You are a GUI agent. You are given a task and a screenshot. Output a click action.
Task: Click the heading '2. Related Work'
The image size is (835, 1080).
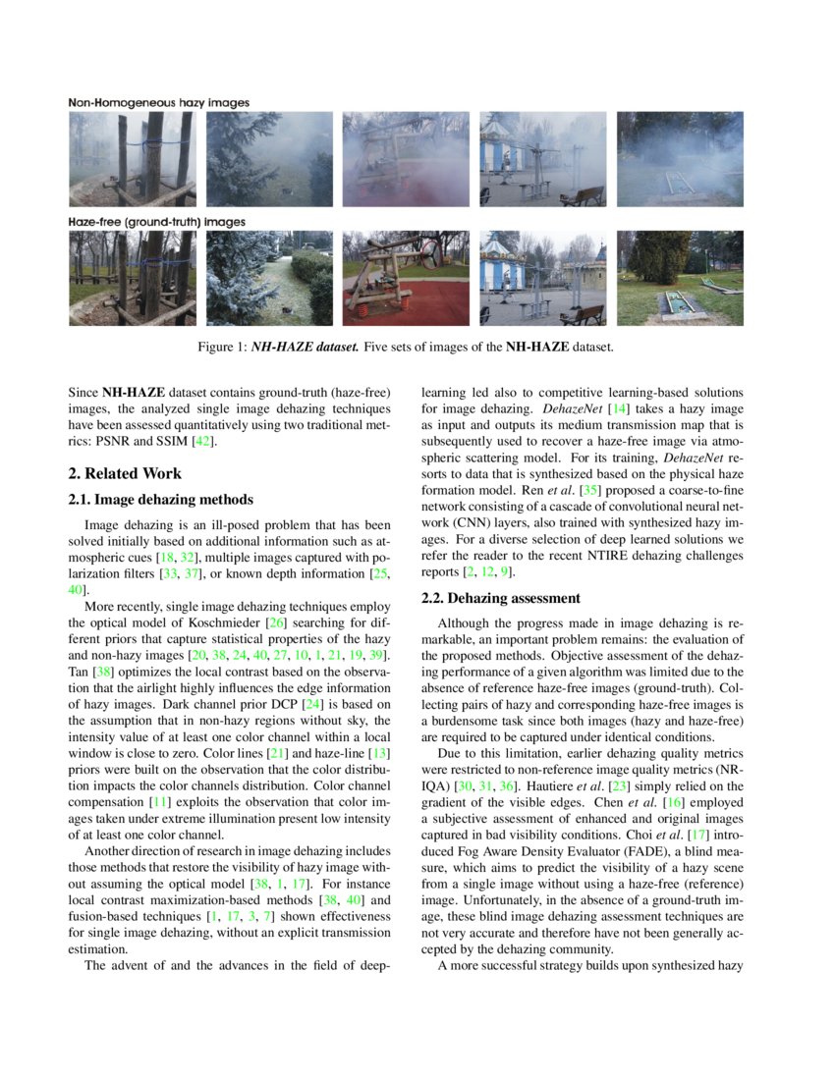click(125, 473)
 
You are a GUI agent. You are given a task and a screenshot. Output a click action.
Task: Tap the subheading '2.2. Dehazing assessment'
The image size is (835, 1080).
click(501, 598)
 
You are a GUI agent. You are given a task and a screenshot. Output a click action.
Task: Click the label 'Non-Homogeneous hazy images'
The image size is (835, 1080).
click(159, 102)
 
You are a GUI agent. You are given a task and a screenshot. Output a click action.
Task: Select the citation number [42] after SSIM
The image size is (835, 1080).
click(201, 442)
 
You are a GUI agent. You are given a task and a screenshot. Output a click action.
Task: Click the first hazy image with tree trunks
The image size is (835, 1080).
click(132, 159)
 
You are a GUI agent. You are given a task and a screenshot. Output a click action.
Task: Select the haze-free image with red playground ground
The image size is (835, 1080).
click(406, 279)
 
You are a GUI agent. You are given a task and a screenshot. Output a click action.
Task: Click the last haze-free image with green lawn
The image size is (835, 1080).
click(680, 279)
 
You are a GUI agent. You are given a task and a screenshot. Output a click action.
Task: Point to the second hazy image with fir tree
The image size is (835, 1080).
click(269, 159)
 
